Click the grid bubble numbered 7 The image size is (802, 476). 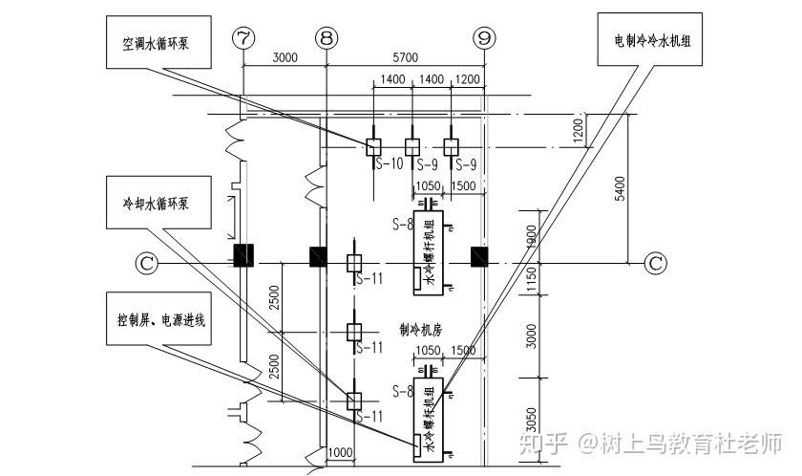(x=244, y=37)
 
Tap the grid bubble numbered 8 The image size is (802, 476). (x=327, y=37)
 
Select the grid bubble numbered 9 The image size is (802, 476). (x=485, y=37)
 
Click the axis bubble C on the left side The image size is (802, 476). (x=145, y=260)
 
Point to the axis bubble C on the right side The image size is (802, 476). (x=655, y=262)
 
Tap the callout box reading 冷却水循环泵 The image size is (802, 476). (x=158, y=204)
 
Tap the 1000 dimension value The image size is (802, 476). (x=340, y=452)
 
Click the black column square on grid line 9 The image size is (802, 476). (x=480, y=256)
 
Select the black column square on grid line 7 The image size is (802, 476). (x=243, y=256)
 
